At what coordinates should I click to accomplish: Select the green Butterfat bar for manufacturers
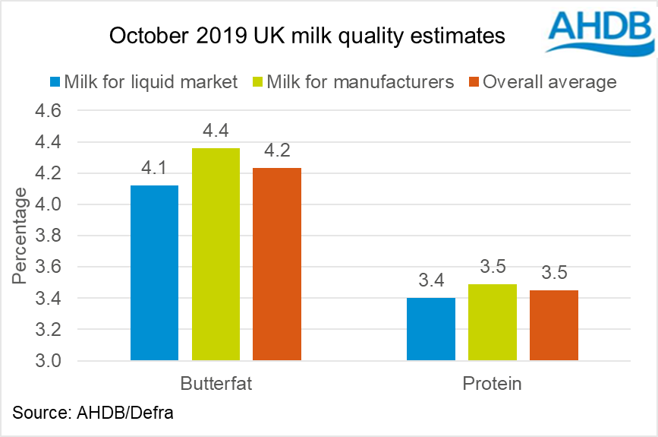tap(216, 254)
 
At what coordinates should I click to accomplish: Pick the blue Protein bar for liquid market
tap(431, 328)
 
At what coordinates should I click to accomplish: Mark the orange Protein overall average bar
tap(553, 325)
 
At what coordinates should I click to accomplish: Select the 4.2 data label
tap(276, 152)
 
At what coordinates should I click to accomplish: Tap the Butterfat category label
tap(216, 382)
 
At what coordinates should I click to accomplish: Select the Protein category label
tap(493, 382)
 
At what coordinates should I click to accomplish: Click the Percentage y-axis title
tap(20, 236)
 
